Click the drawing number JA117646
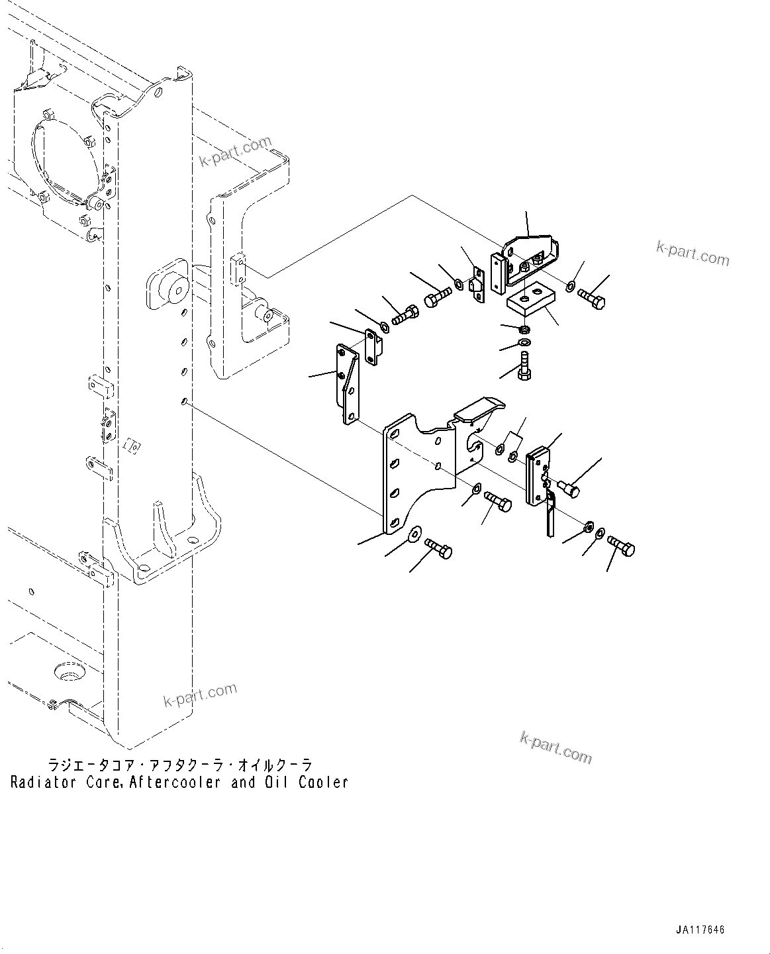(700, 930)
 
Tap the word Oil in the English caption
(276, 783)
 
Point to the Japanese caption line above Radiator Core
(178, 765)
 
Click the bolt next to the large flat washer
(438, 548)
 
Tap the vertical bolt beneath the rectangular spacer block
(524, 365)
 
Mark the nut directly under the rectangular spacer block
(524, 329)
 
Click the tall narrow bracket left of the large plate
(347, 385)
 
